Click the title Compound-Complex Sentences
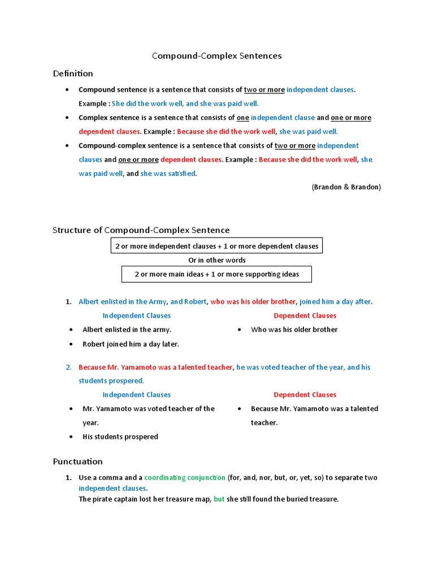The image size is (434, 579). tap(217, 56)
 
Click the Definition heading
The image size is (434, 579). tap(73, 74)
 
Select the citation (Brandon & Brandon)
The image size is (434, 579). tap(346, 187)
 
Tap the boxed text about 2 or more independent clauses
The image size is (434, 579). tap(216, 246)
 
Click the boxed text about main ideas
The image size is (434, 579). tap(216, 274)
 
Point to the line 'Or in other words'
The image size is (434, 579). tap(216, 260)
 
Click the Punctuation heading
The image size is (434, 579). tap(77, 461)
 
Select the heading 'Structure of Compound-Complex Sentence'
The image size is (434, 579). tap(141, 230)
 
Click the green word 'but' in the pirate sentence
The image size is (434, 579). tap(219, 499)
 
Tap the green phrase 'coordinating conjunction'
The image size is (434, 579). tap(185, 478)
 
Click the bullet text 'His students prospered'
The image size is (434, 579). tap(120, 437)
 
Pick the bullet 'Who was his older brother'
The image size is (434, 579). tap(294, 330)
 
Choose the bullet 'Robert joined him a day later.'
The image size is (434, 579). tap(131, 344)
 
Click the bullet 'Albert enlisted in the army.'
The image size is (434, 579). tap(127, 330)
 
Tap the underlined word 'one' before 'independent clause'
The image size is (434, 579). tap(242, 118)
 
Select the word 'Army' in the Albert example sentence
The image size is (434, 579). tap(158, 302)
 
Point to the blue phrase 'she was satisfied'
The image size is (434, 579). tap(168, 174)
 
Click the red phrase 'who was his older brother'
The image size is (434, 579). tap(253, 302)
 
